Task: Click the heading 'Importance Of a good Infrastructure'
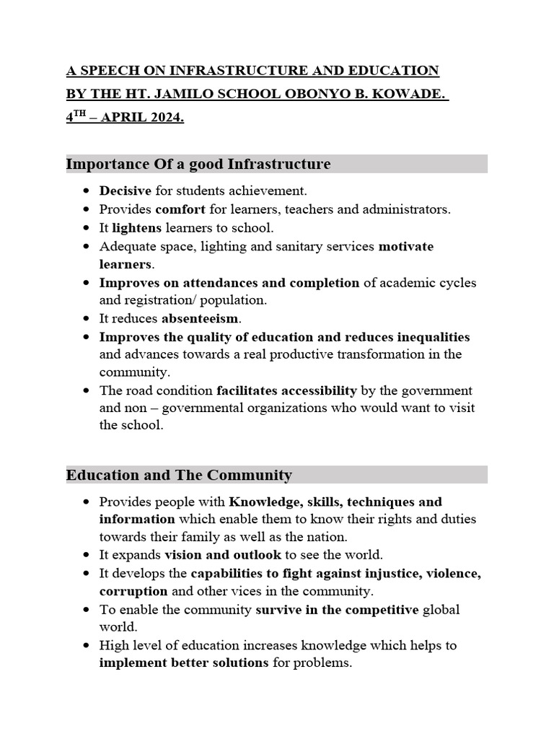(x=198, y=164)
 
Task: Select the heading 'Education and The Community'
(x=179, y=475)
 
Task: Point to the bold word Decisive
(x=125, y=191)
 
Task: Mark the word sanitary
(x=295, y=246)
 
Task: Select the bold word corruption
(x=133, y=591)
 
